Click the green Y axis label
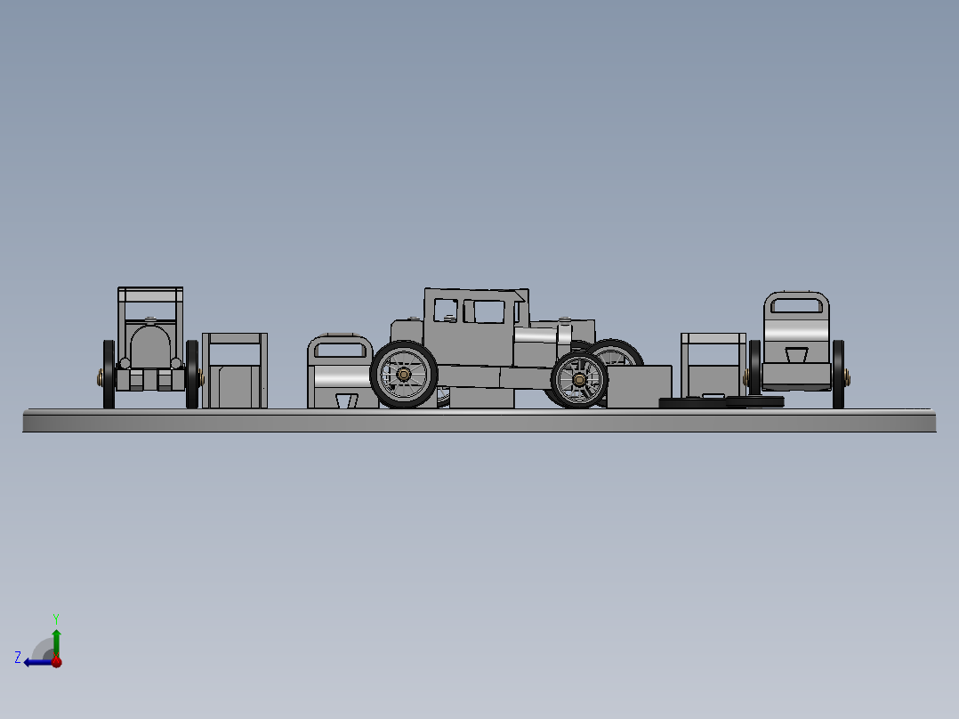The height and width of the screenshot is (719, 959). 55,618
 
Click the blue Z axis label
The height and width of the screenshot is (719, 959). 18,658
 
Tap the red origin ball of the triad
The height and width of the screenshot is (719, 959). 56,662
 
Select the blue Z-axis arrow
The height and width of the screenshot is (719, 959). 36,662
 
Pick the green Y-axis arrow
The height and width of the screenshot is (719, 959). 56,641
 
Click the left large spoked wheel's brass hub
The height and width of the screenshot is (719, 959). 404,375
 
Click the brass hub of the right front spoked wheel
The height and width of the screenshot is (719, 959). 579,380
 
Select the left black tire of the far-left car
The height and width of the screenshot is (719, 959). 109,375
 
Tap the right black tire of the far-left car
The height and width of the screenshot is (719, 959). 192,375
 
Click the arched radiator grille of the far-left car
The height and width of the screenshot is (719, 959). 150,348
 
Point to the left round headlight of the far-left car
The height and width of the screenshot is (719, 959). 125,363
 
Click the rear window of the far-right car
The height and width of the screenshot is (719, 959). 796,306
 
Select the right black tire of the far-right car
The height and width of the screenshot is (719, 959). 838,374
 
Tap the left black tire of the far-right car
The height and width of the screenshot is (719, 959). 755,369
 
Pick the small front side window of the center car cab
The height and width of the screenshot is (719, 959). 443,311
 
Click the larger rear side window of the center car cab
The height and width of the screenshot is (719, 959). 484,311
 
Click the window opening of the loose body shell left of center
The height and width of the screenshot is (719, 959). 339,349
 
